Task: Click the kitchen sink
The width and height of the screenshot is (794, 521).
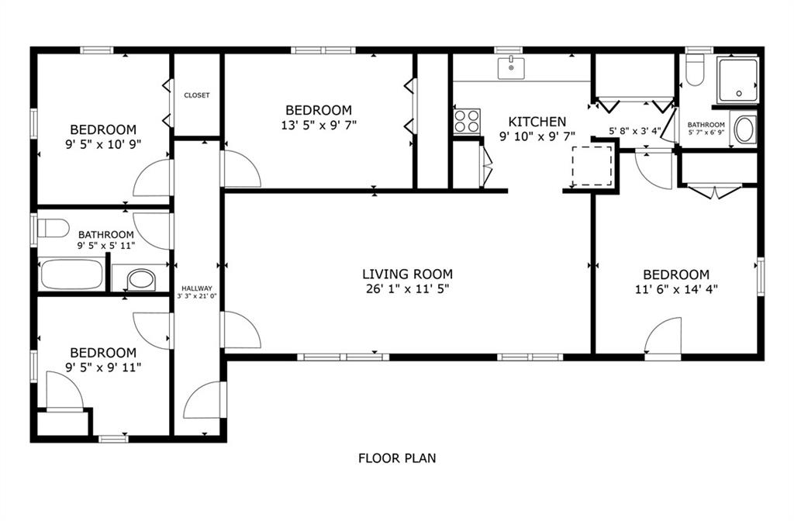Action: [x=511, y=68]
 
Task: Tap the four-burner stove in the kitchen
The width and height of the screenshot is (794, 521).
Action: [x=467, y=121]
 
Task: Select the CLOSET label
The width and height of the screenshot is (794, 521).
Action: [x=197, y=95]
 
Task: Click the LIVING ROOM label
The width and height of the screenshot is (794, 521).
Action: [x=407, y=274]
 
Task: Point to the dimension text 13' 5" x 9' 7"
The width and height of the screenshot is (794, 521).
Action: [x=319, y=125]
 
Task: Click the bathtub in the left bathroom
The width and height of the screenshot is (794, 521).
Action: [x=71, y=274]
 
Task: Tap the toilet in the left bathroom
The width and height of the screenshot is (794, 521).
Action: [x=54, y=228]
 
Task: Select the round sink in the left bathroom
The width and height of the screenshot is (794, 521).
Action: [x=141, y=279]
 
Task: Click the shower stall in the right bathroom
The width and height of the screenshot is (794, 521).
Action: [x=737, y=81]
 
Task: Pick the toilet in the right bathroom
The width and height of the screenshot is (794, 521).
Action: [x=695, y=70]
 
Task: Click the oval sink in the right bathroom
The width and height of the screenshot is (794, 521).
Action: [x=744, y=130]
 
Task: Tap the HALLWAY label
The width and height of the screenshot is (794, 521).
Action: [x=197, y=288]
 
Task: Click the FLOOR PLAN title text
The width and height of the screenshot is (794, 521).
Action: [x=397, y=458]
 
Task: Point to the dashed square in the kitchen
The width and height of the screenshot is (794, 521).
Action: [x=592, y=166]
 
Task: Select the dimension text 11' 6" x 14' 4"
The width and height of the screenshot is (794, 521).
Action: [x=676, y=290]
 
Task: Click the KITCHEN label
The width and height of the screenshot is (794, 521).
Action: [x=537, y=122]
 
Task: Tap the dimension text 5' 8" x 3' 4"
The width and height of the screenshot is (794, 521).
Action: [x=635, y=130]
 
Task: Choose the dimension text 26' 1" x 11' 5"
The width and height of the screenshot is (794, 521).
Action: [x=408, y=289]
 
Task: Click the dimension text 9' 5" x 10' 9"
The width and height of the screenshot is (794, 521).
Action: [x=103, y=144]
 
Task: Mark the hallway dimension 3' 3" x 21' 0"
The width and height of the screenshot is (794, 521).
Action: [x=197, y=296]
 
